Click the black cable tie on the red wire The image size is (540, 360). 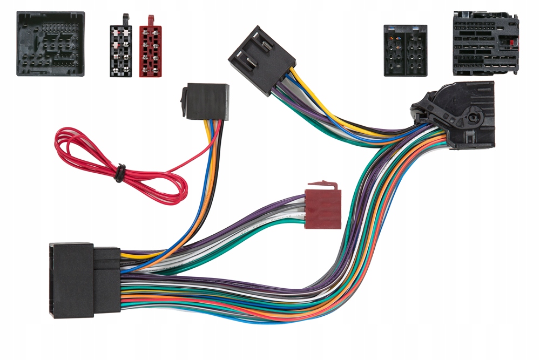pos(120,172)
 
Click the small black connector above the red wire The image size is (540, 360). pos(205,101)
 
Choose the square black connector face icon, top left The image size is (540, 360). pos(50,43)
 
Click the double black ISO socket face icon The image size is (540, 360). pos(405,50)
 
